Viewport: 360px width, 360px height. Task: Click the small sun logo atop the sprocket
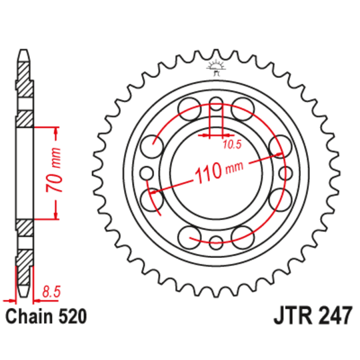[x=215, y=66]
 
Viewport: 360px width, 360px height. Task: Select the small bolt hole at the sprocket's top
[x=216, y=103]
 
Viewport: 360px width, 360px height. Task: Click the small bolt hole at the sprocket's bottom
[x=216, y=242]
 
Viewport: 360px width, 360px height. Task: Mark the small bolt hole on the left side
[x=147, y=173]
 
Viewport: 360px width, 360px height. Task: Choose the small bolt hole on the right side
[x=285, y=173]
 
